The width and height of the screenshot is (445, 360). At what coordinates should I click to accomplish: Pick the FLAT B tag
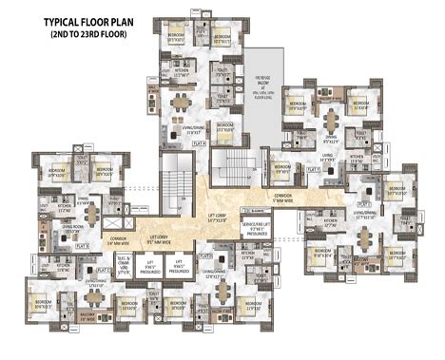(84, 245)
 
